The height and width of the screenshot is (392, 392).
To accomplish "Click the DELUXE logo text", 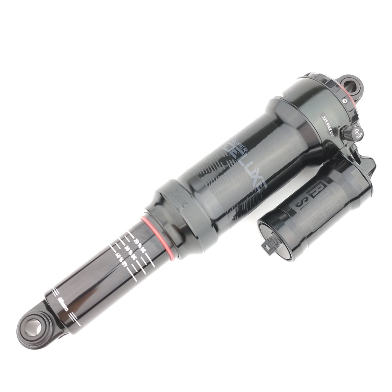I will click(x=248, y=170).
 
